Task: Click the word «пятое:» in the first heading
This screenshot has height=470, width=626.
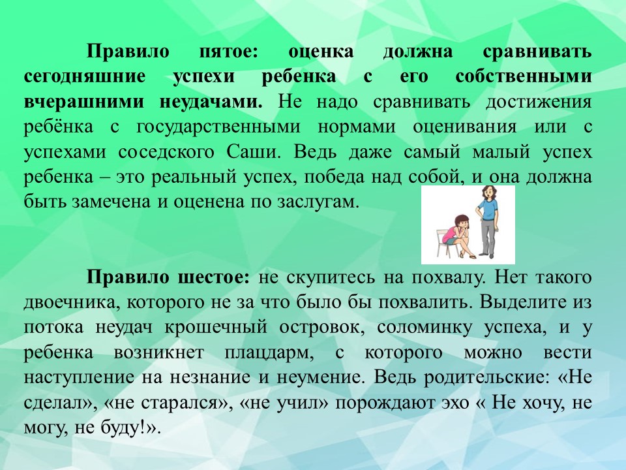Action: tap(228, 52)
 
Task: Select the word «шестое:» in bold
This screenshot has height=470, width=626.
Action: tap(214, 277)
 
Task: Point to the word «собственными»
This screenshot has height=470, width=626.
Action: tap(524, 76)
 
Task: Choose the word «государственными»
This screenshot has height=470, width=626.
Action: tap(218, 127)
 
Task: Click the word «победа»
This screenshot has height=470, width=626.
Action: tap(335, 177)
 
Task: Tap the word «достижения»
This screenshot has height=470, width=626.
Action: tap(539, 102)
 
